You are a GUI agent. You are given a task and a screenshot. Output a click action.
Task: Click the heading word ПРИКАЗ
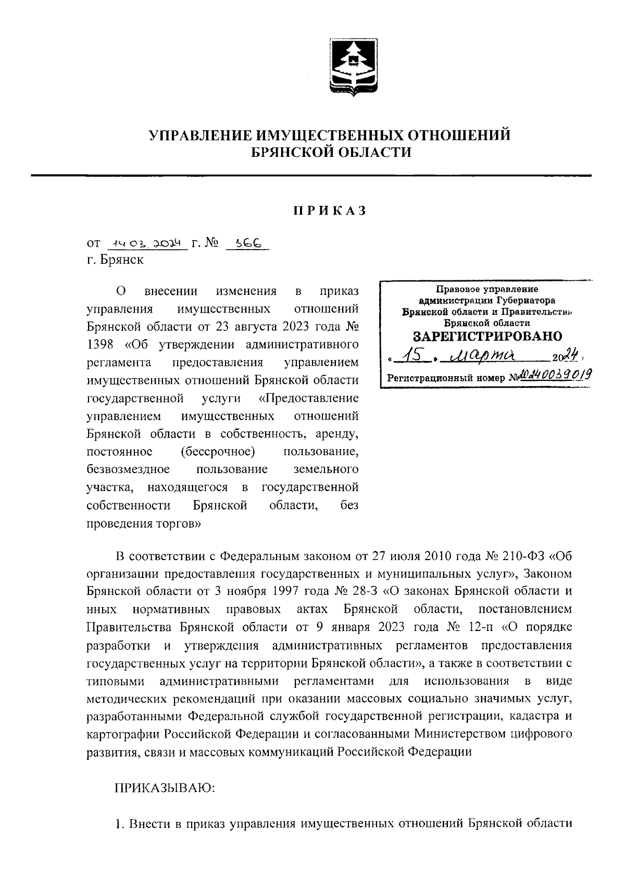click(x=329, y=211)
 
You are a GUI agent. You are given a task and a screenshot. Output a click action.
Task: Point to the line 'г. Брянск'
click(x=115, y=259)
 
